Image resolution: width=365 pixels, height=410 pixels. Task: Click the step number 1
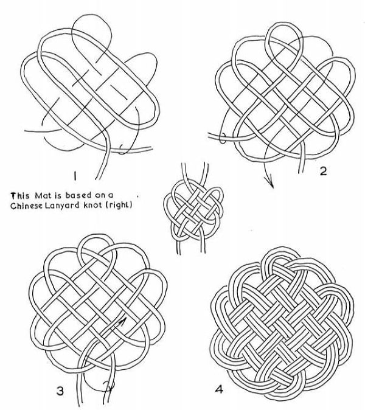pos(75,176)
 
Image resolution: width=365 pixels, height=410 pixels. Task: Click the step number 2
pos(323,172)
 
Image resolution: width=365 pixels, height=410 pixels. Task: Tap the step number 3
pos(60,391)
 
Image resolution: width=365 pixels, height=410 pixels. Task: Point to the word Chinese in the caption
pos(26,206)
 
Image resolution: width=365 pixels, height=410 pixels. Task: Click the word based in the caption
pos(78,195)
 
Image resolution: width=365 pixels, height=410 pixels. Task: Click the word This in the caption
pos(20,196)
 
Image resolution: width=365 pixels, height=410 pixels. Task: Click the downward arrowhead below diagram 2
pos(271,184)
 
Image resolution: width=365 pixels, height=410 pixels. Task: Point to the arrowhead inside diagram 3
pos(122,322)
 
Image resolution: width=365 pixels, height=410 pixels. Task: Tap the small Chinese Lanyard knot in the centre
pos(193,209)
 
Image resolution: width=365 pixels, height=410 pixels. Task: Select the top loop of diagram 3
pos(97,247)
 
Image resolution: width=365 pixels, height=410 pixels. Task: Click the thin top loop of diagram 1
pos(91,29)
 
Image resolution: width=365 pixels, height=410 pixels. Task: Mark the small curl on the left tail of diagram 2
pos(223,138)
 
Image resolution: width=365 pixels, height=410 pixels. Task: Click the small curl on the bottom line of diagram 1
pos(122,150)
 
